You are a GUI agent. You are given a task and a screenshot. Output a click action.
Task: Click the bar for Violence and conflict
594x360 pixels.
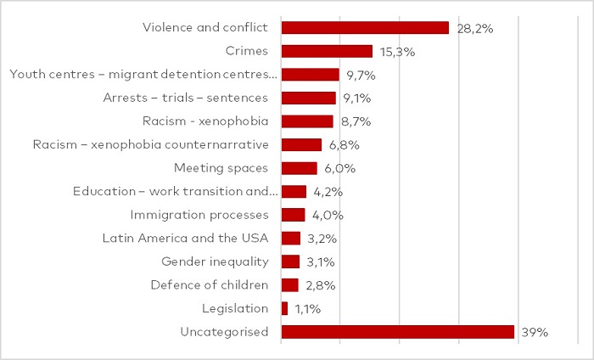pos(365,28)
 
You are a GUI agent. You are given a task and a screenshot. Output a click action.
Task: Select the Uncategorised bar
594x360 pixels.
pos(397,332)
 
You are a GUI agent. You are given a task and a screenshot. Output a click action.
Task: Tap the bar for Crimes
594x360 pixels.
pos(327,51)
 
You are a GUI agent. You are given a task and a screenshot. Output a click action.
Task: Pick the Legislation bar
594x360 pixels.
pos(284,308)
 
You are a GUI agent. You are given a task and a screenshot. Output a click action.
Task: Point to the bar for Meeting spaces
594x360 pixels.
pos(299,168)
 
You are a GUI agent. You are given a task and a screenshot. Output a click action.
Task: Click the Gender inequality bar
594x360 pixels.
pos(290,262)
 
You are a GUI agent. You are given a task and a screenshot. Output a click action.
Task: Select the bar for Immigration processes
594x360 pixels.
pos(293,215)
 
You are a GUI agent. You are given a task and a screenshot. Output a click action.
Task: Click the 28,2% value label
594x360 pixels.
pos(474,28)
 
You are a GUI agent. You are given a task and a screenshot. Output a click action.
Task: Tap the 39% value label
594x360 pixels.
pos(535,332)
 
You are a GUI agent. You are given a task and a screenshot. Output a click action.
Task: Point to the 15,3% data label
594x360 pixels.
pos(397,52)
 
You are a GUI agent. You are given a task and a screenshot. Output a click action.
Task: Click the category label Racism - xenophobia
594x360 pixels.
pos(205,121)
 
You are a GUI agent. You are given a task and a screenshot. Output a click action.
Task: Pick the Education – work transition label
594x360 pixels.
pos(176,191)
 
